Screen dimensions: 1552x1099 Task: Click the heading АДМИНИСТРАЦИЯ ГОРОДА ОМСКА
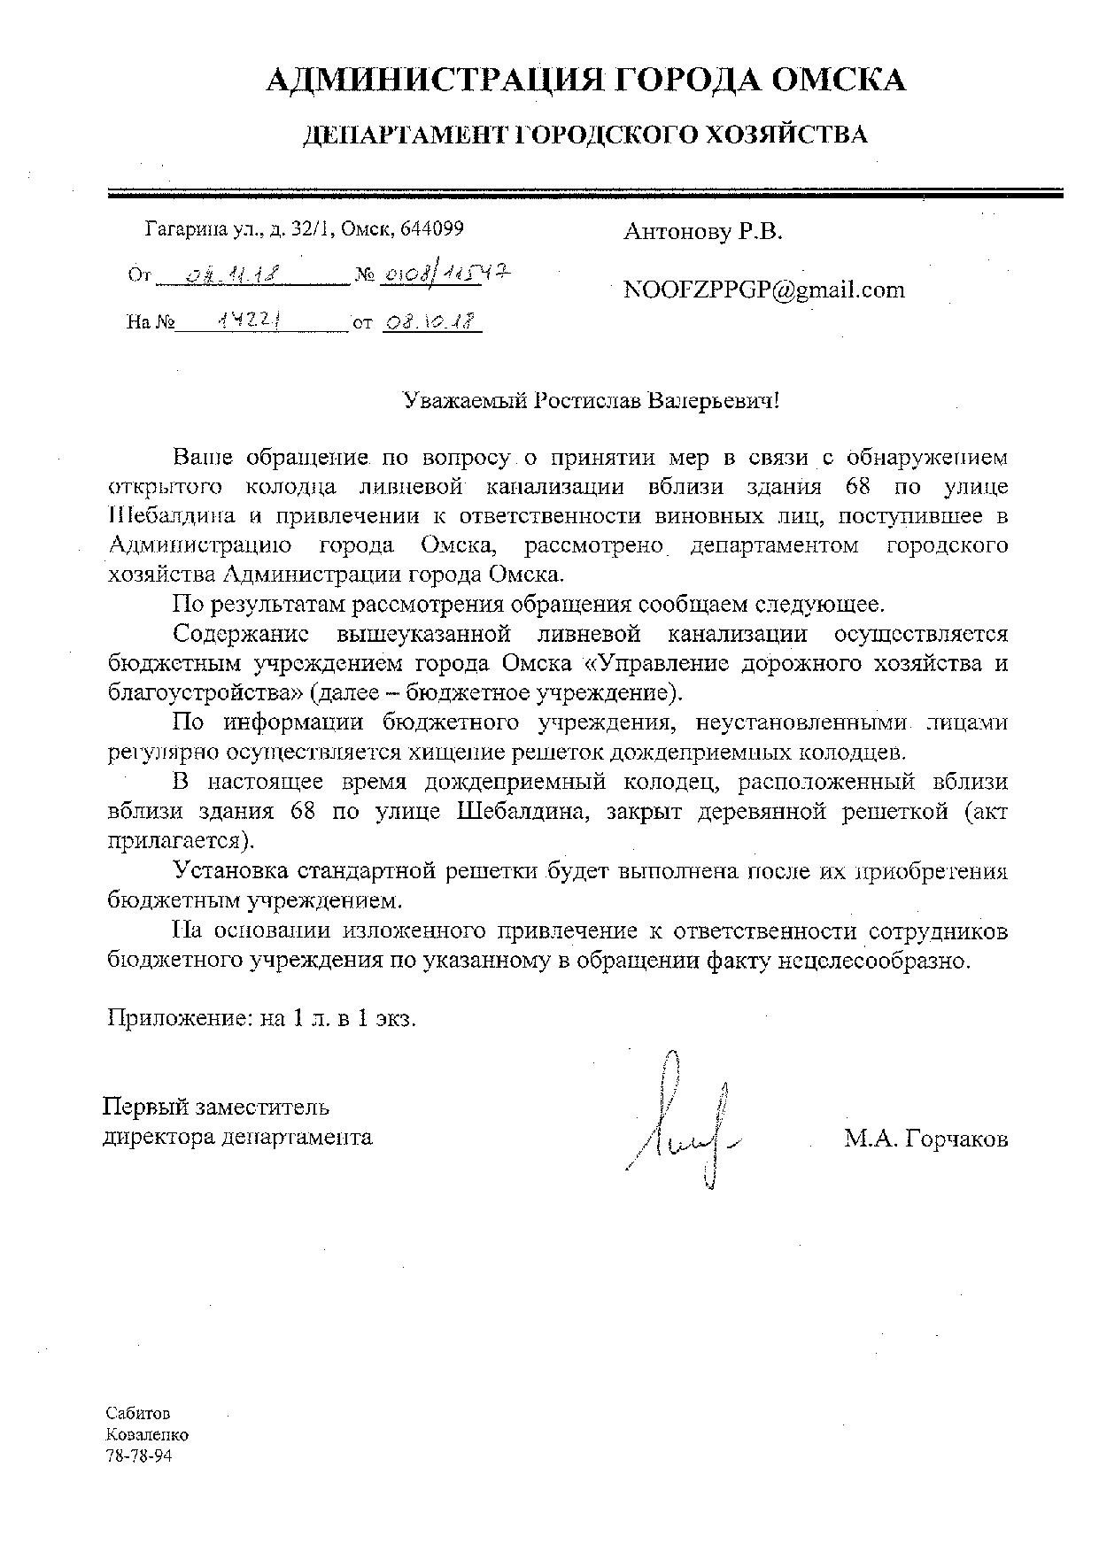click(x=585, y=81)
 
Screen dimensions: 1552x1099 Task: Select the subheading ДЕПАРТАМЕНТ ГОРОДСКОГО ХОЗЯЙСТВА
click(x=585, y=135)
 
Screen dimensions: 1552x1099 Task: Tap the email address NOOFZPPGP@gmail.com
click(x=764, y=290)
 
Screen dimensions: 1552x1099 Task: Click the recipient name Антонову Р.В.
click(x=703, y=233)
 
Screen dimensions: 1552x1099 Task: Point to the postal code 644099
click(x=432, y=229)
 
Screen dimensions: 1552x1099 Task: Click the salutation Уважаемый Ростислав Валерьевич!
click(x=592, y=400)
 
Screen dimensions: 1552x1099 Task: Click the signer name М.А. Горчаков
click(x=925, y=1139)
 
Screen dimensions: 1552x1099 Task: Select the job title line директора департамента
click(x=238, y=1137)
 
